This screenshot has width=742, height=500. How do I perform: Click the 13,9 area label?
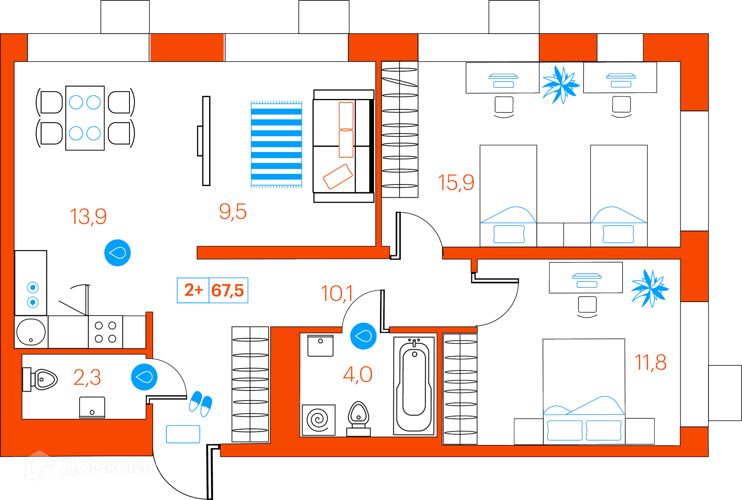(88, 217)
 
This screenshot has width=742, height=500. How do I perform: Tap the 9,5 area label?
(233, 212)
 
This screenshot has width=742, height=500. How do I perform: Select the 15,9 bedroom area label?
(456, 183)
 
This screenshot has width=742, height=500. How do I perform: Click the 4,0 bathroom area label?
(357, 375)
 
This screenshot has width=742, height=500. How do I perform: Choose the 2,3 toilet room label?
(87, 377)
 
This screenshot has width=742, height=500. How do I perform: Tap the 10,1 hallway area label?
(337, 294)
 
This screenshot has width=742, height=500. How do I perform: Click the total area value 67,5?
(228, 290)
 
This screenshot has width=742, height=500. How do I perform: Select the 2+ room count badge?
(193, 290)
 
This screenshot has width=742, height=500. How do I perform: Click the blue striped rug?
(276, 144)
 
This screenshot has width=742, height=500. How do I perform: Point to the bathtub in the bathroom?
(414, 385)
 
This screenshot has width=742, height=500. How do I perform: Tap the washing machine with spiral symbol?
(318, 420)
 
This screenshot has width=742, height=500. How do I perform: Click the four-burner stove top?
(106, 332)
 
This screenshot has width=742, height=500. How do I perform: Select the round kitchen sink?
(31, 332)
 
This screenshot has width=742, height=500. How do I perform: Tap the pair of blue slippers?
(201, 404)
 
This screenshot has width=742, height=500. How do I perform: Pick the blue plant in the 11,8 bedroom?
(650, 288)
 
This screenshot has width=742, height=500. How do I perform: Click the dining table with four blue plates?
(85, 118)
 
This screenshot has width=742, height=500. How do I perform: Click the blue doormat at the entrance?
(183, 434)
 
